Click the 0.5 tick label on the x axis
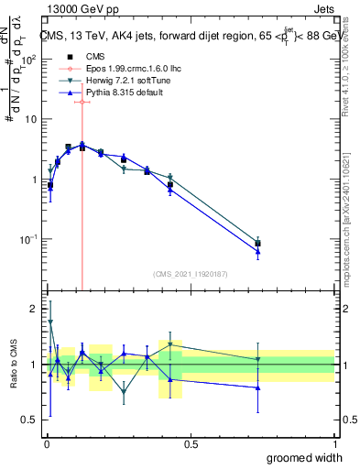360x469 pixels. point(191,443)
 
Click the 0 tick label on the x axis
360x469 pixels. point(47,443)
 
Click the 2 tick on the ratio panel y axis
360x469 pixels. point(35,309)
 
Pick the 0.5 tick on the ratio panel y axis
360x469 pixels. point(30,420)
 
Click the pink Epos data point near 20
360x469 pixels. point(82,102)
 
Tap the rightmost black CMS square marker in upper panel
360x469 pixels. point(258,244)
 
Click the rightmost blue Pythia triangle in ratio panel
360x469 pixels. point(258,387)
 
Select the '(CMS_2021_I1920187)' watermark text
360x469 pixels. point(190,274)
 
